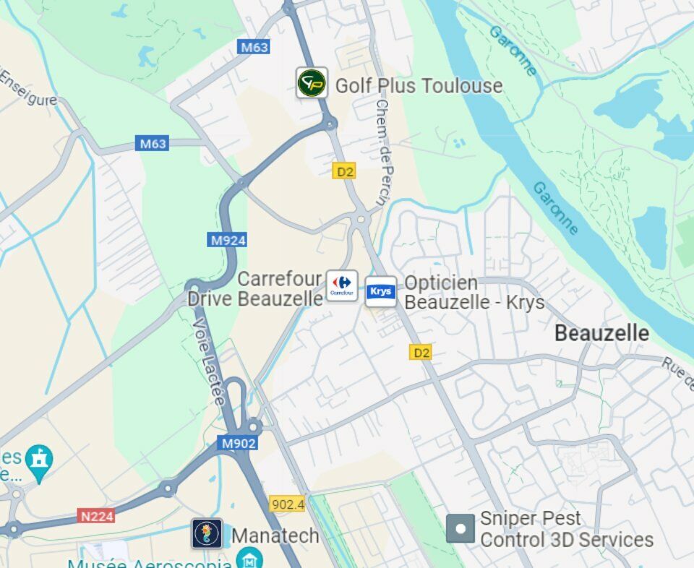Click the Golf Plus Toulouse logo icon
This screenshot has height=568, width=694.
[x=312, y=83]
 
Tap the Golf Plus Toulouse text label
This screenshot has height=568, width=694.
[x=419, y=86]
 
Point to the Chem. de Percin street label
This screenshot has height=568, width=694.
[x=381, y=152]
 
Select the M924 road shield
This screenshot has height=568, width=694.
[x=227, y=240]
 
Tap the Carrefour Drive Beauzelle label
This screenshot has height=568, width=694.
[x=254, y=288]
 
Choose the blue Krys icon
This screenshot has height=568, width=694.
[x=381, y=291]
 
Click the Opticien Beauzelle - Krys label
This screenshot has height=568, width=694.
[x=474, y=293]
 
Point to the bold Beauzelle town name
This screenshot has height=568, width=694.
[x=601, y=333]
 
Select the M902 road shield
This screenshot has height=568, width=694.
[x=237, y=443]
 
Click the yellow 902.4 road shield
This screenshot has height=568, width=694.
[x=287, y=504]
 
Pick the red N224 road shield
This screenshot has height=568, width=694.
[x=96, y=516]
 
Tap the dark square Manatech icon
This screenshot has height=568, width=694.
[x=207, y=533]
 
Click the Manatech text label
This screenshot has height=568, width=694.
[x=275, y=535]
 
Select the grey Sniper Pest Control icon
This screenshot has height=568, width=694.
[x=460, y=529]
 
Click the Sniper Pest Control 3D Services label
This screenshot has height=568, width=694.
[x=566, y=530]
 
